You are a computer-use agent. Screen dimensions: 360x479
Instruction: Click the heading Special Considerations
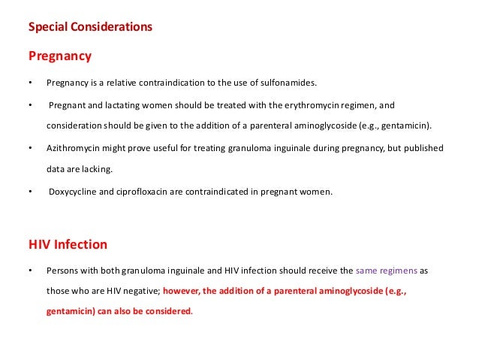(90, 28)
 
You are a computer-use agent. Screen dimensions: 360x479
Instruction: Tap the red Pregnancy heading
(60, 56)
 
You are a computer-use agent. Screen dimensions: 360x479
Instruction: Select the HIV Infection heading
(68, 244)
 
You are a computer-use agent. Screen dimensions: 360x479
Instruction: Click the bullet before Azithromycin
(29, 148)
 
